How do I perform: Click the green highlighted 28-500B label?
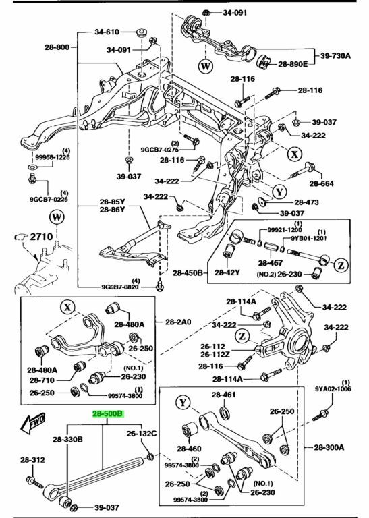point(108,414)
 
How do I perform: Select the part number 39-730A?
point(335,55)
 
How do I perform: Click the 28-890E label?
point(293,64)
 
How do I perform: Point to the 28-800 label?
point(57,47)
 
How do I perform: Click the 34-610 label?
point(107,32)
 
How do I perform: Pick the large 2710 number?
point(41,237)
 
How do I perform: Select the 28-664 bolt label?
point(321,183)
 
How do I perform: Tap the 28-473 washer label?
point(306,202)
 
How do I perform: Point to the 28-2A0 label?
point(178,322)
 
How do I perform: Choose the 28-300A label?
point(329,447)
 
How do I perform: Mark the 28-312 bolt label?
point(32,459)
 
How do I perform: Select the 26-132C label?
point(142,433)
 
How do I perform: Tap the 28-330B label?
point(67,439)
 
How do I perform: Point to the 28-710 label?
point(42,380)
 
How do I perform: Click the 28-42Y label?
point(227,272)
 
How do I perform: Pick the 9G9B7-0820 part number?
point(120,287)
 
